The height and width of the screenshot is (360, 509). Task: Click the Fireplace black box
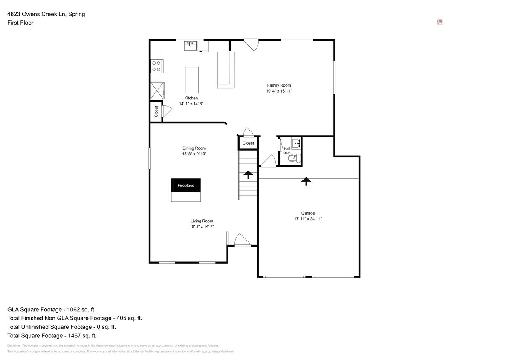(x=186, y=186)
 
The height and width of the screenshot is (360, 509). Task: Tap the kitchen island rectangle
(x=191, y=80)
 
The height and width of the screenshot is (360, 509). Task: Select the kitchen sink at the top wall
(x=191, y=46)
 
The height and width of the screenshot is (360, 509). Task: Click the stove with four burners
(x=156, y=66)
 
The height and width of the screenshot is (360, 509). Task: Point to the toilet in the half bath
(x=293, y=158)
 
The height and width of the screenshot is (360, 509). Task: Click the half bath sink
(x=296, y=143)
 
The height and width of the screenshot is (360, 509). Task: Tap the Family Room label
(x=279, y=85)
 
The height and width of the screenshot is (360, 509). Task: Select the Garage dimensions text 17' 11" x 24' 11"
(x=308, y=219)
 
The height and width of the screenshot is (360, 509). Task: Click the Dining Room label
(x=194, y=148)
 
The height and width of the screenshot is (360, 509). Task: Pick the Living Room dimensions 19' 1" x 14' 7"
(x=202, y=226)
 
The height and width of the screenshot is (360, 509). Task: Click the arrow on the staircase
(x=248, y=174)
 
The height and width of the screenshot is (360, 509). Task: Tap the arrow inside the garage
(x=306, y=181)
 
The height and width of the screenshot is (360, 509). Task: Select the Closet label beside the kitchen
(x=156, y=112)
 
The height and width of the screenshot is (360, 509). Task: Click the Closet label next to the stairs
(x=248, y=143)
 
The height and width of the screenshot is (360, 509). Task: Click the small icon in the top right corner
(x=440, y=22)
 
